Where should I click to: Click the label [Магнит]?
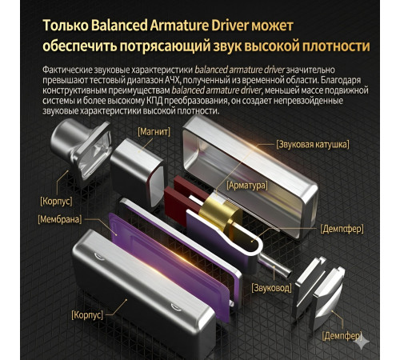coord(154,132)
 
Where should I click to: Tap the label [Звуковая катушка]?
coord(313,145)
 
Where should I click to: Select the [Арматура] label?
coord(247,186)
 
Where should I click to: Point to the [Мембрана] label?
coord(60,219)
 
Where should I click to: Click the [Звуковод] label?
coord(271,288)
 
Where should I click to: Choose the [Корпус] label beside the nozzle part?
coord(56,201)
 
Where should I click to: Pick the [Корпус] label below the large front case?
coord(87,315)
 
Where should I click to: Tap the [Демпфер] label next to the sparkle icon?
coord(342,336)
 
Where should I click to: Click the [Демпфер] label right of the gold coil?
coord(342,229)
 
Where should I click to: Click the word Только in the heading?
coord(66,26)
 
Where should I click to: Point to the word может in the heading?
coord(273,26)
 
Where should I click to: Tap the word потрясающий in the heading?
coord(165,46)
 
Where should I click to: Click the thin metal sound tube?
coord(274,265)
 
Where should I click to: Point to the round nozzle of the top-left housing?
coord(66,138)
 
